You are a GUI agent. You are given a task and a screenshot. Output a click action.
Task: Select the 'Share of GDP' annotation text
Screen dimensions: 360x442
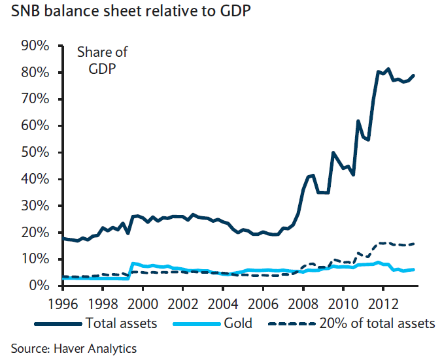click(102, 60)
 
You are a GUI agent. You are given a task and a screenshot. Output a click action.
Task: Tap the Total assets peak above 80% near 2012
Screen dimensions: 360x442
click(388, 69)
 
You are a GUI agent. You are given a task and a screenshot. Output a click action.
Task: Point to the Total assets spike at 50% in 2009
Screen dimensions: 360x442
click(333, 152)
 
